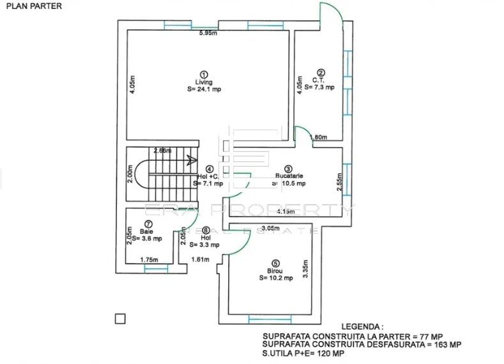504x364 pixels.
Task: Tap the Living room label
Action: [204, 81]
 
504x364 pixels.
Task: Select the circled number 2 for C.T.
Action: [321, 73]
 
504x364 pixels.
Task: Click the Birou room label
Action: [275, 270]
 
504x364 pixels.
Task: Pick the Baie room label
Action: [148, 232]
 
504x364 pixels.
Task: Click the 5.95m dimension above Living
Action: [208, 33]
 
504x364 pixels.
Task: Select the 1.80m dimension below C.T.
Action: [318, 137]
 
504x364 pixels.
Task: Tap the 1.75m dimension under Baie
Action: [148, 260]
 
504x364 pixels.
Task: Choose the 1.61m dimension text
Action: [201, 260]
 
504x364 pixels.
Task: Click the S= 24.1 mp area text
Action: [204, 89]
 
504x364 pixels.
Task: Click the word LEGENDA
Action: [363, 325]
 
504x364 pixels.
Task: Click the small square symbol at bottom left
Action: [119, 319]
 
